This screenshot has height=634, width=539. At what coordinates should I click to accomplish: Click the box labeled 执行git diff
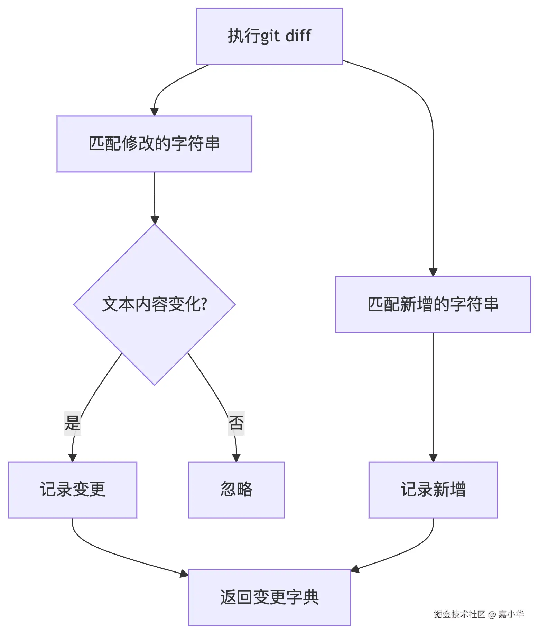(269, 36)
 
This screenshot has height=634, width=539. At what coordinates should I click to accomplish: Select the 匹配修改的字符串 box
(154, 144)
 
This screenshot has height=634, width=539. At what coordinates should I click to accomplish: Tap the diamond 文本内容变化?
(154, 304)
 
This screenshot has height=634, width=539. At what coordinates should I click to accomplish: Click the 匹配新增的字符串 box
(433, 304)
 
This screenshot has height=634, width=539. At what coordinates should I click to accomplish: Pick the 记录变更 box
(72, 490)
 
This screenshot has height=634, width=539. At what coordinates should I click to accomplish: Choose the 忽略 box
(236, 490)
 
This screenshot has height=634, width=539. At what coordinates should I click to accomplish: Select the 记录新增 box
(433, 490)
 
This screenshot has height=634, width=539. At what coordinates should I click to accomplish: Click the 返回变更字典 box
(269, 597)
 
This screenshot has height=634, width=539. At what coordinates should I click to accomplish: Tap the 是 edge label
(73, 423)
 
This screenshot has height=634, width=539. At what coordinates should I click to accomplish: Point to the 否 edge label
(236, 423)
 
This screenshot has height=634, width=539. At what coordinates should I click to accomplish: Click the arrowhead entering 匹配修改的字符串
(154, 112)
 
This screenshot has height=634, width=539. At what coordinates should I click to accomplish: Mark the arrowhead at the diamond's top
(155, 220)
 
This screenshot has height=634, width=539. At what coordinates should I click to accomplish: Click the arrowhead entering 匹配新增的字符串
(433, 272)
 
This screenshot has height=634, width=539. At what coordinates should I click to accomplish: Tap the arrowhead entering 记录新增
(433, 458)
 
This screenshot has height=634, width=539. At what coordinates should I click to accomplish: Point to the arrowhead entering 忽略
(236, 458)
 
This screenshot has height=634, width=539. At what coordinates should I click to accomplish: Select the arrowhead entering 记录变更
(72, 458)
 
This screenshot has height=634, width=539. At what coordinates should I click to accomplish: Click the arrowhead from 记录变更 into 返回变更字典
(184, 574)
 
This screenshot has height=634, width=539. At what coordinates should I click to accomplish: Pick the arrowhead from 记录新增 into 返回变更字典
(355, 569)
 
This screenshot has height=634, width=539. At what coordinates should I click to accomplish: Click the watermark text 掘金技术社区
(459, 614)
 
